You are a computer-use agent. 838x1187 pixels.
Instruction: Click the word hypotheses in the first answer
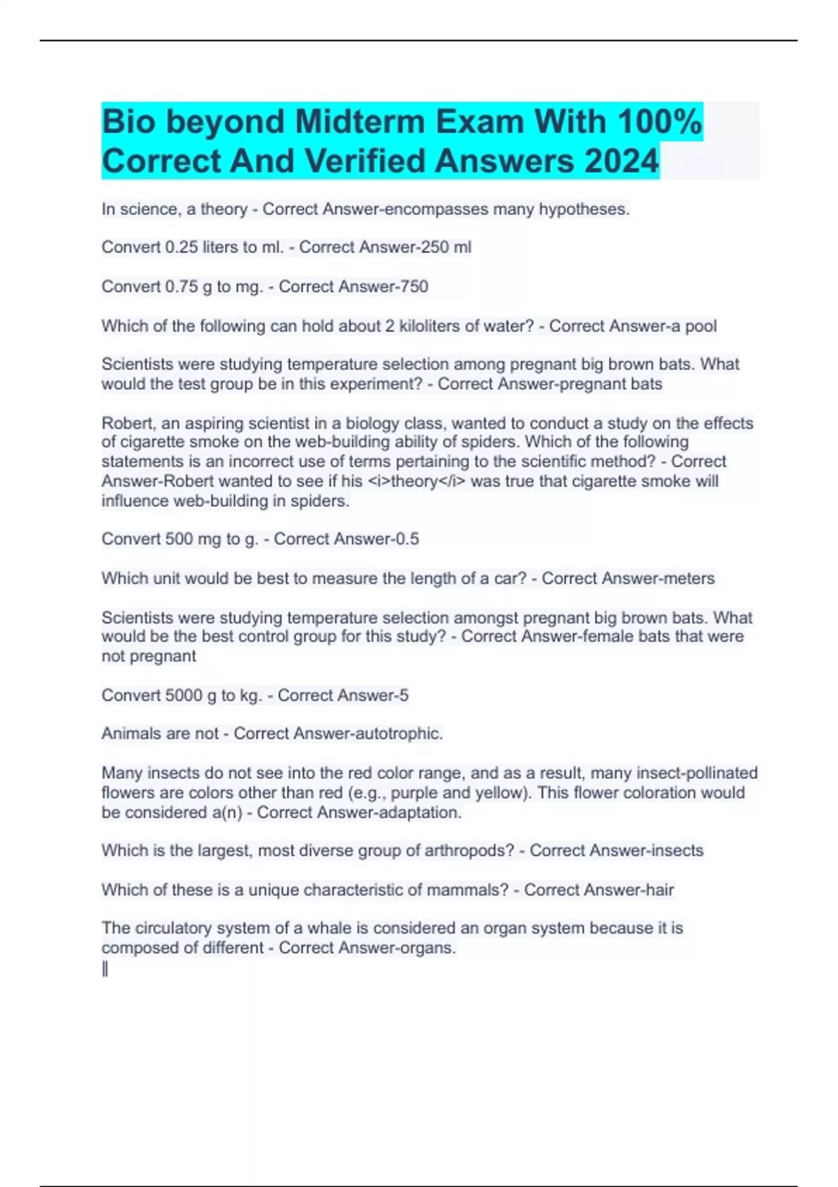[x=583, y=209]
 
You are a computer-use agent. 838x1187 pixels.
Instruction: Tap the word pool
[x=700, y=326]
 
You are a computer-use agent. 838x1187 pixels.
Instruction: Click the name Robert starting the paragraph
[x=127, y=423]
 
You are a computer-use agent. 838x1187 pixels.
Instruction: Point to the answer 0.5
[x=406, y=539]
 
